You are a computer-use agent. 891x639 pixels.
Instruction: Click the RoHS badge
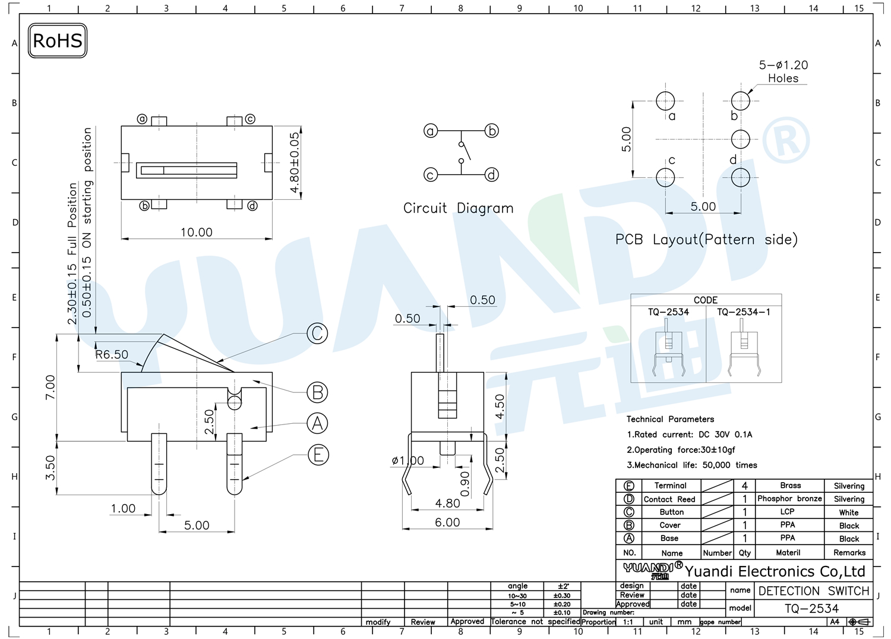(57, 40)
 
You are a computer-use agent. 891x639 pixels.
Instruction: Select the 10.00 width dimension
(197, 232)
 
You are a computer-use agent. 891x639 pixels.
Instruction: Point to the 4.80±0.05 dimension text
(295, 162)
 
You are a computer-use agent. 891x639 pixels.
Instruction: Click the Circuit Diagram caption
(458, 208)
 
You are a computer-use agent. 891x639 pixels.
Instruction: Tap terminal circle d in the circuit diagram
(492, 175)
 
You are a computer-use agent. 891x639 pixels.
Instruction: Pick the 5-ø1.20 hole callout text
(783, 65)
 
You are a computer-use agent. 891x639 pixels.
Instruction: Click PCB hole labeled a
(665, 101)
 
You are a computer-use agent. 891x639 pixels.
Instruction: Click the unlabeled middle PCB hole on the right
(740, 139)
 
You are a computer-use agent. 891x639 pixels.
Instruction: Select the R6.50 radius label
(112, 354)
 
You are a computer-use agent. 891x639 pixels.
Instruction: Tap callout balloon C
(317, 333)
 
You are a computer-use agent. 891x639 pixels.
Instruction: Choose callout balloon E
(318, 455)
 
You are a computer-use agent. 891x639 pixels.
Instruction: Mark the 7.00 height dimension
(50, 387)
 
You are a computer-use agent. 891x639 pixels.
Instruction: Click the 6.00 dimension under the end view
(447, 522)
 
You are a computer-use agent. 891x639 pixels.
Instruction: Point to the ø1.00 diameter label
(407, 461)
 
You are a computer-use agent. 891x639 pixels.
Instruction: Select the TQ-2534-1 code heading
(744, 312)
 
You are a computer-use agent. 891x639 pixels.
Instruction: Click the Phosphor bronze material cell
(789, 499)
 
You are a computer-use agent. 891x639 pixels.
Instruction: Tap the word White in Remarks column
(849, 512)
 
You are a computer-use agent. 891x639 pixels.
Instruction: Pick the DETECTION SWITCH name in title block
(813, 591)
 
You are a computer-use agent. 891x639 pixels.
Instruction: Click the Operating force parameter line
(681, 450)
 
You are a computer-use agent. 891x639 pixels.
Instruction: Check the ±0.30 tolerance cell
(562, 596)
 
